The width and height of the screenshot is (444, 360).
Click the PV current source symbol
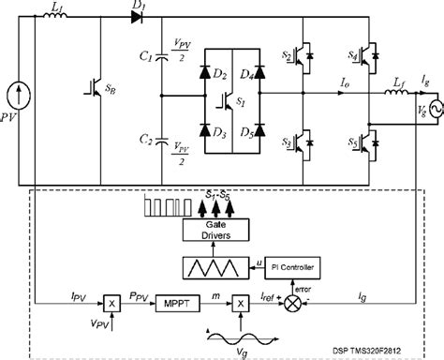tap(20, 93)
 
